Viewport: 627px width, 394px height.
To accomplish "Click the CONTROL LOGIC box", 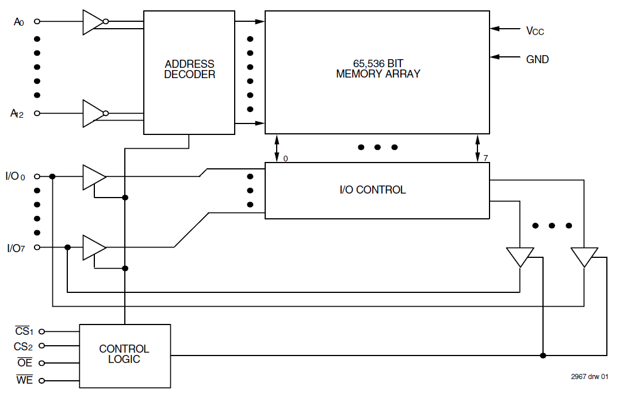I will (124, 355).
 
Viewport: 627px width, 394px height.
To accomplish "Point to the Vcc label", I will (534, 31).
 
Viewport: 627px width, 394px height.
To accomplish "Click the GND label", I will (537, 59).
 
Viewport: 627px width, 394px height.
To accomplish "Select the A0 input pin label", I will (19, 22).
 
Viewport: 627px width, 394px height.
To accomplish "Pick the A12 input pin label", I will (17, 114).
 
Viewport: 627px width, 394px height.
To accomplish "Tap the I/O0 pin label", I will (16, 176).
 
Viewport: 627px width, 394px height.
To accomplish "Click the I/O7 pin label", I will (16, 248).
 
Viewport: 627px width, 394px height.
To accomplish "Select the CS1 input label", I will (25, 331).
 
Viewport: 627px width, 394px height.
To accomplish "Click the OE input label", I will (25, 363).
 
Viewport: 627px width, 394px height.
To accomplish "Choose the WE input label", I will (25, 380).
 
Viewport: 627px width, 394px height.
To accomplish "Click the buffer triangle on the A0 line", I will (92, 22).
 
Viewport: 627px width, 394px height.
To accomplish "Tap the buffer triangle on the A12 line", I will (92, 114).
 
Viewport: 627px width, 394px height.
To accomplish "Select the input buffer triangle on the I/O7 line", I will (93, 248).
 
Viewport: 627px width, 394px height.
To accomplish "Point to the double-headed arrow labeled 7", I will (477, 148).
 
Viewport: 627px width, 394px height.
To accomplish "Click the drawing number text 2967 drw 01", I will (589, 377).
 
